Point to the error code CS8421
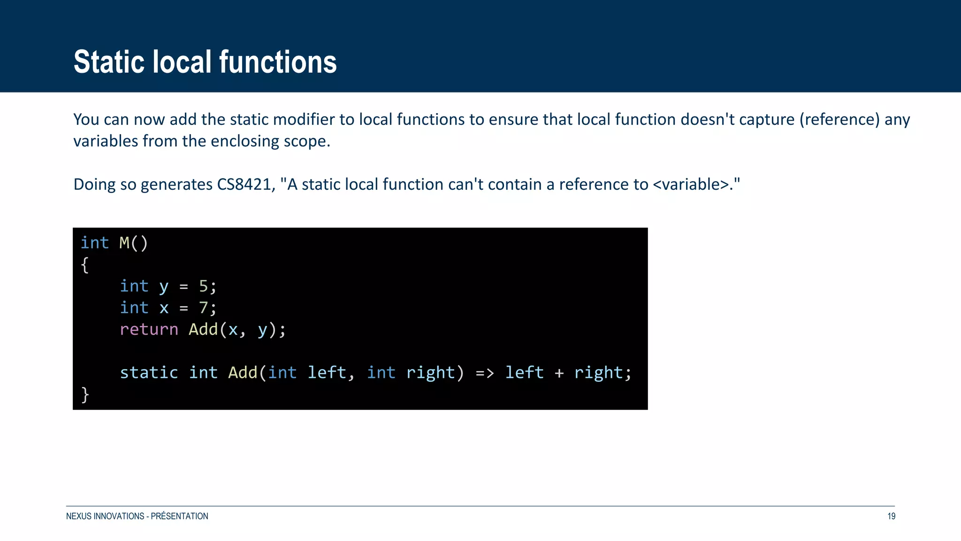tap(244, 185)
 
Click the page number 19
tap(891, 516)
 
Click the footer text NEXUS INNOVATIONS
tap(105, 516)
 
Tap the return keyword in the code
tap(149, 329)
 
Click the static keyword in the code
tap(149, 372)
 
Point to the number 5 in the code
tap(203, 286)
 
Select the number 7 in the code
tap(203, 308)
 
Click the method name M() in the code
tap(134, 243)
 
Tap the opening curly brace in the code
tap(85, 265)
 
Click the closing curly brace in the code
tap(85, 394)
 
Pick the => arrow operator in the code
tap(485, 373)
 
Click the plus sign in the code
tap(559, 373)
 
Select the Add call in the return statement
tap(203, 329)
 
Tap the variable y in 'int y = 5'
tap(164, 286)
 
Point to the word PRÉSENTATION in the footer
tap(179, 516)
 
